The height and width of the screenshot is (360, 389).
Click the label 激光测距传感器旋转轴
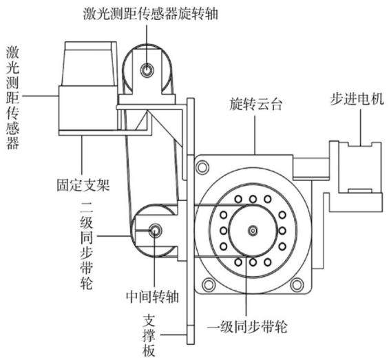tap(151, 13)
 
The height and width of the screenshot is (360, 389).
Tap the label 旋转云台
tap(256, 104)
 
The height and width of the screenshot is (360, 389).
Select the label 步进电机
tap(357, 99)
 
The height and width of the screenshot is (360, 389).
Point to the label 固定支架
tap(83, 184)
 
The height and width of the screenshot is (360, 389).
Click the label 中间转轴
tap(152, 296)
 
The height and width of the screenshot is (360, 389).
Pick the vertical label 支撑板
tap(149, 336)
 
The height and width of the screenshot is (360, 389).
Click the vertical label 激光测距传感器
tap(12, 97)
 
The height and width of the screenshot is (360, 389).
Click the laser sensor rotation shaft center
tap(147, 70)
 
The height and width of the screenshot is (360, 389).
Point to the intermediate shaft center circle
tap(155, 231)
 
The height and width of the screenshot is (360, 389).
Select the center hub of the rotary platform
tap(253, 231)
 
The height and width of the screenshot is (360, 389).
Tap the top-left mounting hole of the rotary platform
tap(202, 167)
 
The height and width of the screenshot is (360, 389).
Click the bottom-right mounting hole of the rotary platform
tap(297, 285)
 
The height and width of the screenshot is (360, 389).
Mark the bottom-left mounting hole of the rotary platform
tap(209, 285)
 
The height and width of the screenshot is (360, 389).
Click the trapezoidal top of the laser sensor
tap(89, 64)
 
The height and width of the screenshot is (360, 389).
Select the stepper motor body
tap(355, 176)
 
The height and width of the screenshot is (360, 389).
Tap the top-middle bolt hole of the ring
tap(253, 199)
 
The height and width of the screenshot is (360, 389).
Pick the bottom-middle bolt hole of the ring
tap(253, 262)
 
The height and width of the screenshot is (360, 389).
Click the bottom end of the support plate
tap(191, 344)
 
